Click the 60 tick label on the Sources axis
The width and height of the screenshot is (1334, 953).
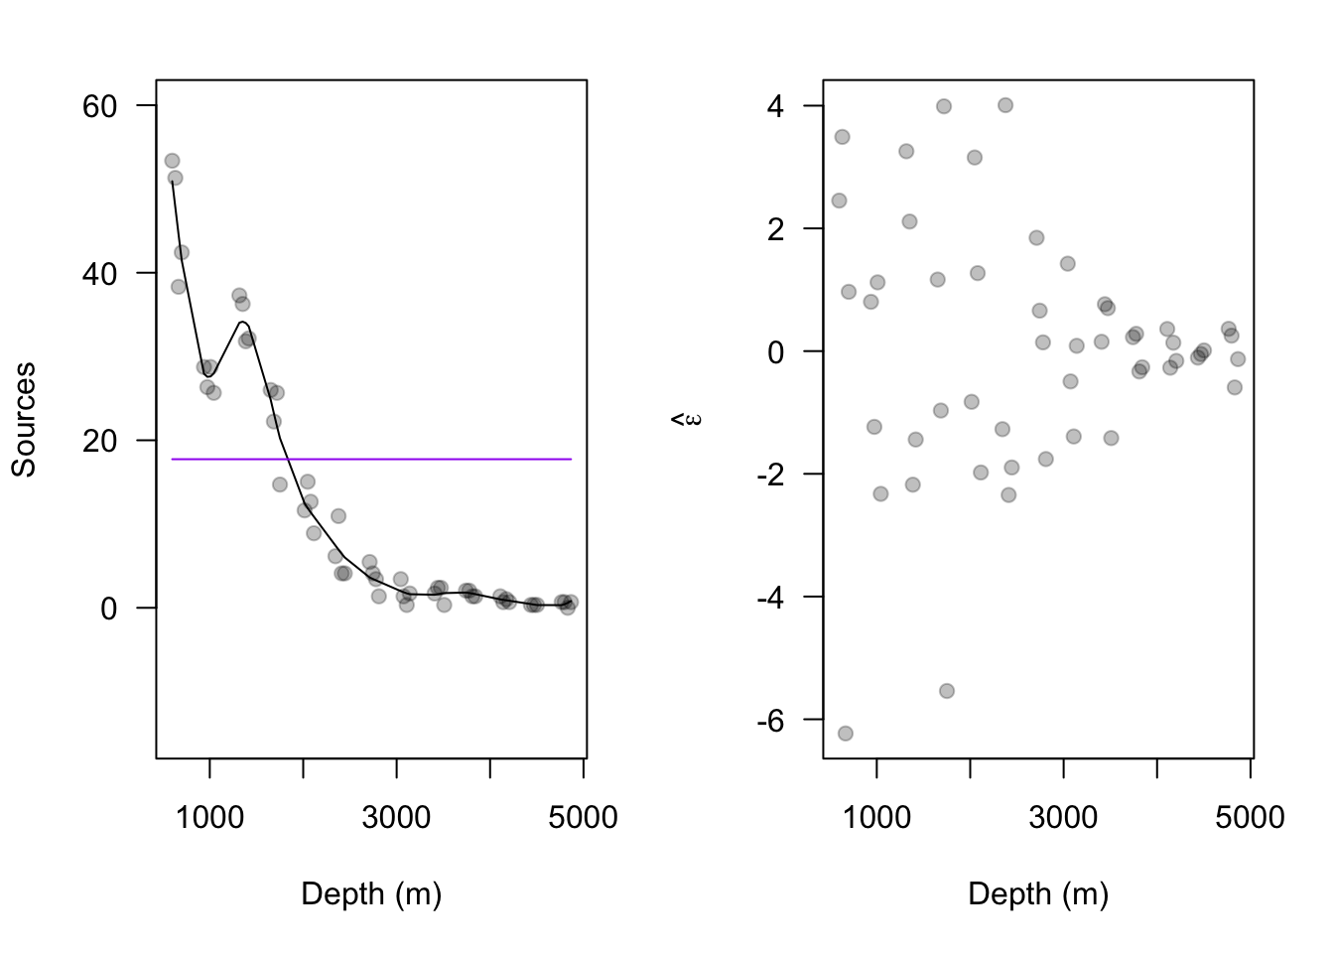coord(99,106)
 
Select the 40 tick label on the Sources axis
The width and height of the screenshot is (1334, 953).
coord(99,273)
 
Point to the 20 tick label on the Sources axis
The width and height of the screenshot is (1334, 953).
coord(99,441)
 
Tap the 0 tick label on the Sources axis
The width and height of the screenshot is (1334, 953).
coord(109,608)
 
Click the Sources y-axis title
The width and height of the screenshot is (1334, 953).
coord(24,419)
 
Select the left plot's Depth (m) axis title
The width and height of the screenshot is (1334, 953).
coord(371,894)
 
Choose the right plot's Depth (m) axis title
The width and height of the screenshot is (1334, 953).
coord(1038,894)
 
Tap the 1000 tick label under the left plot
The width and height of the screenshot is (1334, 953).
coord(209,818)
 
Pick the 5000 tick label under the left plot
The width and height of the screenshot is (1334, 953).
coord(584,818)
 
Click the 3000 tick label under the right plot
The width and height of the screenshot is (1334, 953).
coord(1063,818)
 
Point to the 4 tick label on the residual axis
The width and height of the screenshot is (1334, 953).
coord(775,106)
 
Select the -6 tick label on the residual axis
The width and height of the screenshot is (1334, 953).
coord(770,721)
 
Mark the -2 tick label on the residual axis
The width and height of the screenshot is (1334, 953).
coord(770,475)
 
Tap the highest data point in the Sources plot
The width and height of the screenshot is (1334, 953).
coord(172,161)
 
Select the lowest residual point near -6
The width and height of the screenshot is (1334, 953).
coord(845,734)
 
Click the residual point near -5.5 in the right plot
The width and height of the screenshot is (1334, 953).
coord(947,691)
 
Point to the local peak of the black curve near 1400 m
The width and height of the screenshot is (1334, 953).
coord(242,322)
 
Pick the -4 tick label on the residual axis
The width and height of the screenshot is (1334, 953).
coord(770,598)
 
